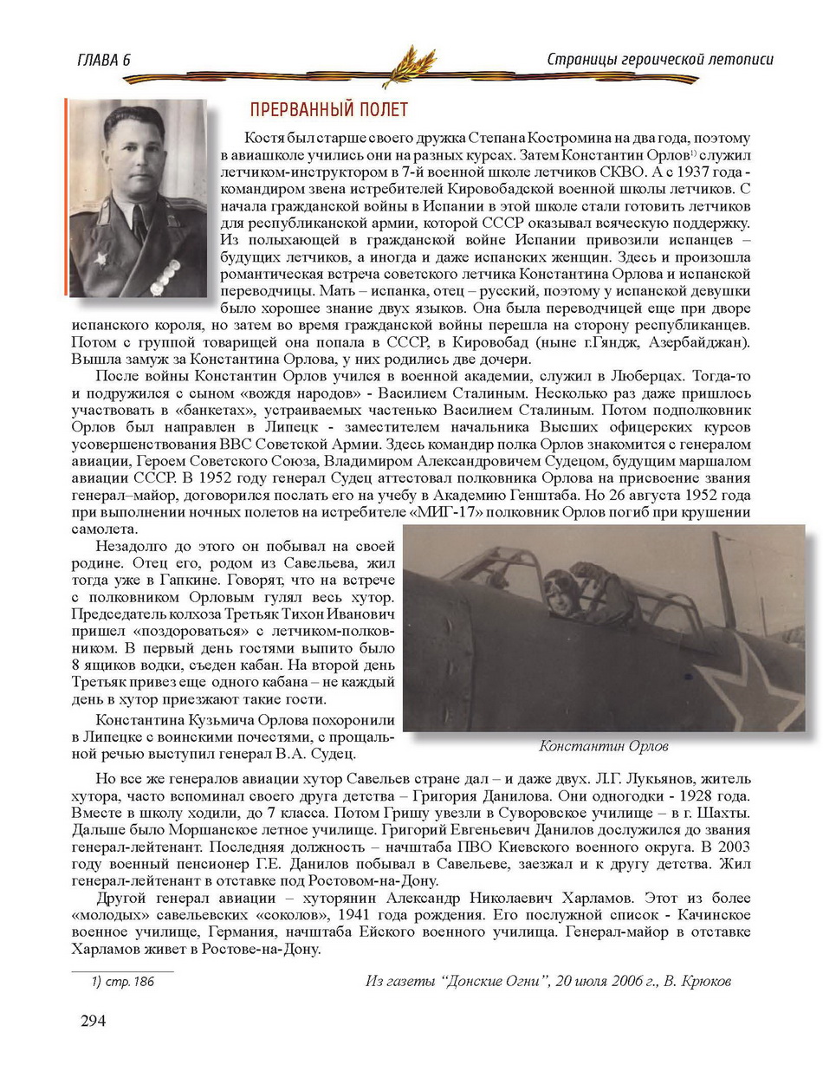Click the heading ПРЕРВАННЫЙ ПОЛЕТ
coord(328,110)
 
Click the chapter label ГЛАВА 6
coord(104,60)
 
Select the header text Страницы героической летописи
coord(660,59)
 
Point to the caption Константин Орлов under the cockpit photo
coord(604,746)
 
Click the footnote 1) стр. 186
coord(123,982)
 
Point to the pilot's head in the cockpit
coord(555,588)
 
